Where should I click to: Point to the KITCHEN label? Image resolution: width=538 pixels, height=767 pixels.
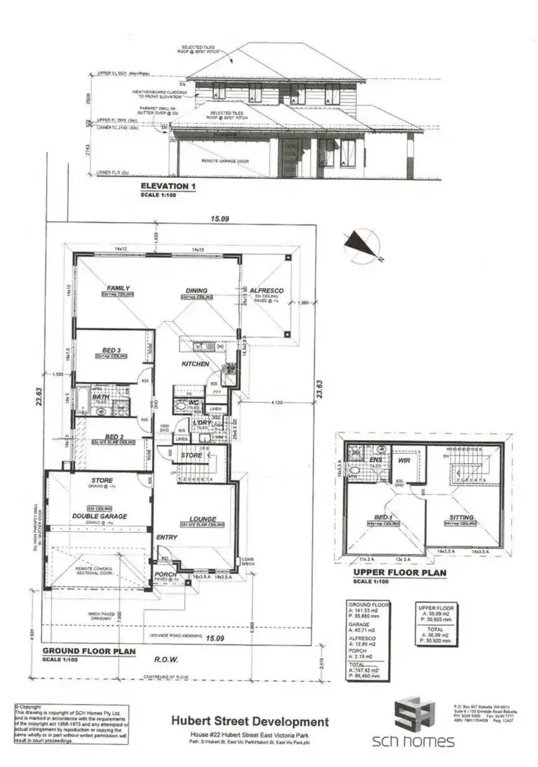[195, 364]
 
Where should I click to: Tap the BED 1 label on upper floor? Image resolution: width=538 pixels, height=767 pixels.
[380, 517]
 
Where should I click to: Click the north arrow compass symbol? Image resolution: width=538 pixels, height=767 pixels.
[361, 247]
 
